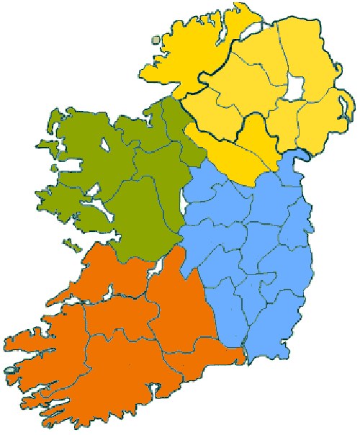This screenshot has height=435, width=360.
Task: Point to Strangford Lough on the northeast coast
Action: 344,108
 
